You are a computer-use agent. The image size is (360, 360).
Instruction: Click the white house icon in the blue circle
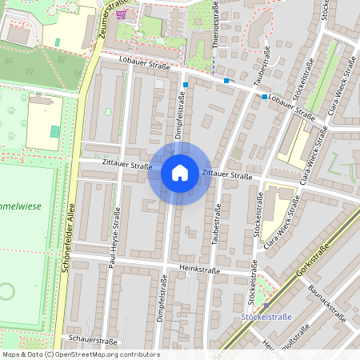[x=180, y=173]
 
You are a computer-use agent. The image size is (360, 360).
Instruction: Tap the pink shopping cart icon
[x=121, y=14]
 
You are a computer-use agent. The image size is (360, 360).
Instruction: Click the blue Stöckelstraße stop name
[x=266, y=317]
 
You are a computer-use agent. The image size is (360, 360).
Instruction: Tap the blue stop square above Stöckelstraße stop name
[x=266, y=306]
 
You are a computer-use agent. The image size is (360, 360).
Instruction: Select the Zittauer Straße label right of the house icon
[x=227, y=174]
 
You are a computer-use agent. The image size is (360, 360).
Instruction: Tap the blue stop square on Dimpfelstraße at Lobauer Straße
[x=186, y=84]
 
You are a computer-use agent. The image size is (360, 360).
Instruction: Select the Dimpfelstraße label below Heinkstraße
[x=161, y=304]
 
